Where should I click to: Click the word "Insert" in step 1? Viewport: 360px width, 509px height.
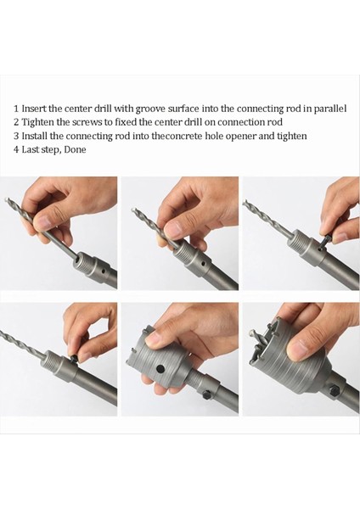click(x=34, y=108)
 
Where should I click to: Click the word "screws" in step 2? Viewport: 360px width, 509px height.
click(x=87, y=122)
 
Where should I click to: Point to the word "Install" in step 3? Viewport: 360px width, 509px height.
click(x=35, y=136)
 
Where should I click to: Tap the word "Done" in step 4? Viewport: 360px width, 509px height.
click(x=75, y=149)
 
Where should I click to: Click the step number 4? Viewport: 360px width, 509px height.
click(x=16, y=149)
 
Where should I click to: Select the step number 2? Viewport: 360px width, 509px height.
click(x=16, y=122)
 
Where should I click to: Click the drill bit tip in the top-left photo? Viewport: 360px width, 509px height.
click(x=7, y=199)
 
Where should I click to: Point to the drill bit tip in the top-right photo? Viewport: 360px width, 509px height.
click(x=245, y=202)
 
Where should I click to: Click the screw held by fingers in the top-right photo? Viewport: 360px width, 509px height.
click(x=325, y=241)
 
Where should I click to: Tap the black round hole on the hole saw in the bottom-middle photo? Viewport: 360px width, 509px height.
click(x=160, y=369)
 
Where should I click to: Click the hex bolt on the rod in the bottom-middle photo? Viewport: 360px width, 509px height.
click(x=207, y=395)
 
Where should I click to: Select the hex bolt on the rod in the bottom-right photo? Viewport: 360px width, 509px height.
click(x=334, y=390)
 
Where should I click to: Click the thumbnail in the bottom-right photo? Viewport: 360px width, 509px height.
click(x=297, y=350)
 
